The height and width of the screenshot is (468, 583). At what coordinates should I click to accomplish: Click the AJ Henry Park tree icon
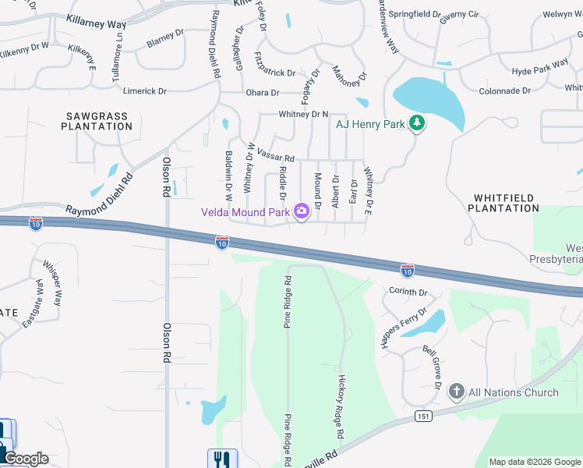click(417, 123)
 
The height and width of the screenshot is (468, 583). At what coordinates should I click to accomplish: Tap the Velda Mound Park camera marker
click(301, 211)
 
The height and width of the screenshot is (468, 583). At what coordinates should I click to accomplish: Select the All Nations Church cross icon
click(456, 392)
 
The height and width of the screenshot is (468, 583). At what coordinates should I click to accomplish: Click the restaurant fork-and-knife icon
click(221, 459)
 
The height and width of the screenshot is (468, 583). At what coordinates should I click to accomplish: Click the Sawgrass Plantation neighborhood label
click(96, 121)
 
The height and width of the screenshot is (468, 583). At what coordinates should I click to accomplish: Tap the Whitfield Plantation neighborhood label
click(503, 204)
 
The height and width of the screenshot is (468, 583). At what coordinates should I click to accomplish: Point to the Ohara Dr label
click(263, 93)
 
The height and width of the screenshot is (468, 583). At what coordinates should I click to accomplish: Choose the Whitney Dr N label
click(304, 115)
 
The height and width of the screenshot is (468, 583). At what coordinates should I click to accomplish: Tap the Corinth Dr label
click(408, 292)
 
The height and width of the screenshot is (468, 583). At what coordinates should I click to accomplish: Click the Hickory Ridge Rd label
click(341, 406)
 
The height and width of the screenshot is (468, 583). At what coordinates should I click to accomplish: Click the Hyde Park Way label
click(539, 69)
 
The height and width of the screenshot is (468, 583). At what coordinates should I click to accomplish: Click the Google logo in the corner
click(25, 459)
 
